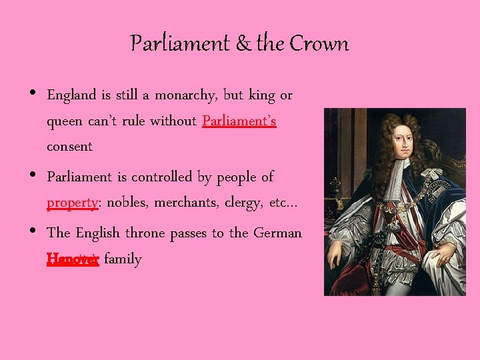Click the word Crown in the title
[x=319, y=44]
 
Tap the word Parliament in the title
[x=180, y=44]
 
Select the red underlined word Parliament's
[x=239, y=121]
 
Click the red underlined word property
[x=73, y=203]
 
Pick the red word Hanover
[x=73, y=259]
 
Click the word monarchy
[x=185, y=95]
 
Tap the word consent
[x=69, y=146]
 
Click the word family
[x=123, y=259]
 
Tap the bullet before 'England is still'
[x=33, y=94]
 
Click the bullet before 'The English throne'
[x=33, y=232]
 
